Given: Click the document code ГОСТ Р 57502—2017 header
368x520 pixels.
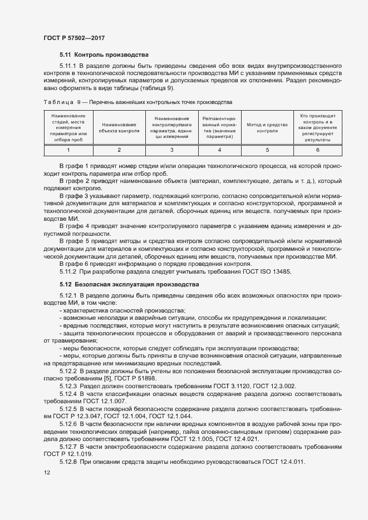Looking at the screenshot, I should [x=74, y=38].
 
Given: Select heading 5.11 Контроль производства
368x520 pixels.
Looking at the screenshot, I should [x=104, y=55].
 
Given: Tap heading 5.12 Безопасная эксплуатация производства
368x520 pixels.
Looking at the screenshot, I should [x=129, y=284].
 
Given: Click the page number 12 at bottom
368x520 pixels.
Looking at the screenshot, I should [x=47, y=472].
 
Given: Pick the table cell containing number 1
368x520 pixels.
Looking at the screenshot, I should [x=68, y=150].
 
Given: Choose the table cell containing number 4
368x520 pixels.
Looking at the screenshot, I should [x=219, y=150].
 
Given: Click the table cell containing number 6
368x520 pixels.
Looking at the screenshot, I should [x=317, y=150].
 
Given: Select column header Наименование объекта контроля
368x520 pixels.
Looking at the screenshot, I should [x=119, y=128].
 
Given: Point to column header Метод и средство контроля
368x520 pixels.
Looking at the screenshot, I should [x=267, y=128].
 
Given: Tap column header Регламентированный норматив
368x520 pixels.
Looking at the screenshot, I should [x=219, y=128].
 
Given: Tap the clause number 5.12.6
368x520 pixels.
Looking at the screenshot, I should [x=68, y=424].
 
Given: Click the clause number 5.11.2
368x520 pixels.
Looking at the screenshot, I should [x=68, y=271].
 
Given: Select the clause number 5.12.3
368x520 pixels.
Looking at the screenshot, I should [x=68, y=385].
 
